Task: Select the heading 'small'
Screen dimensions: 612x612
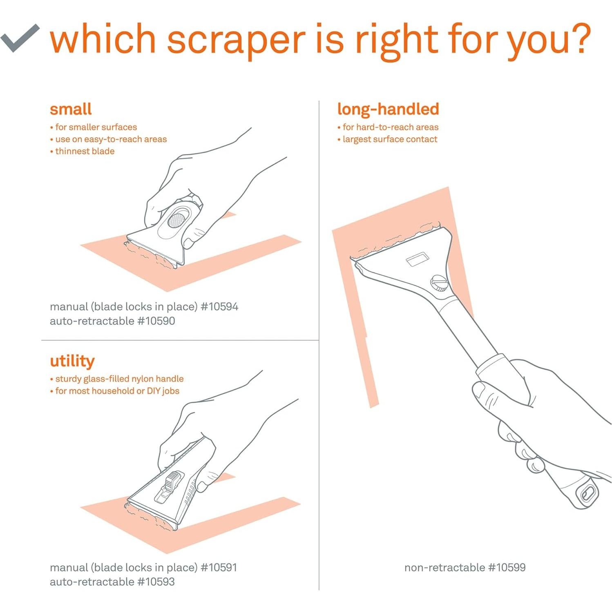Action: [71, 109]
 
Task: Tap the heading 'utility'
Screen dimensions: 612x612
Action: [72, 361]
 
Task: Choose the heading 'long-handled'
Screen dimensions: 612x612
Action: [388, 109]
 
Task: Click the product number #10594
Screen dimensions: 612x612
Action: [219, 307]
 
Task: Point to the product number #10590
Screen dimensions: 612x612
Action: [156, 321]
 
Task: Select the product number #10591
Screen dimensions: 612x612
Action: [219, 567]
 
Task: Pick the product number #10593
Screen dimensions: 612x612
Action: [156, 582]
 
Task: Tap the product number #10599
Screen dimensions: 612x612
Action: [507, 567]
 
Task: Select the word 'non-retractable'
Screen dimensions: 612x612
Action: [444, 567]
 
